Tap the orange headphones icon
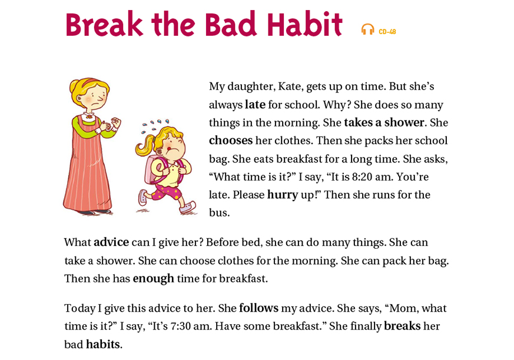tap(367, 29)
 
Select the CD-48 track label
tap(387, 32)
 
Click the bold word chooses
tap(231, 141)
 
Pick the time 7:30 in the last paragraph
tap(181, 326)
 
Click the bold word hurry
tap(283, 195)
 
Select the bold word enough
tap(154, 279)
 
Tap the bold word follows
tap(258, 308)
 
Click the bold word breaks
tap(402, 326)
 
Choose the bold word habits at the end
tap(103, 344)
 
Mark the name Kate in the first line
tap(290, 86)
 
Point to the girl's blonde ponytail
tap(145, 147)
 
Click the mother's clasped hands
tap(111, 125)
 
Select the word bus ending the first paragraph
tap(218, 213)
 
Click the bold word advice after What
tap(111, 242)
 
